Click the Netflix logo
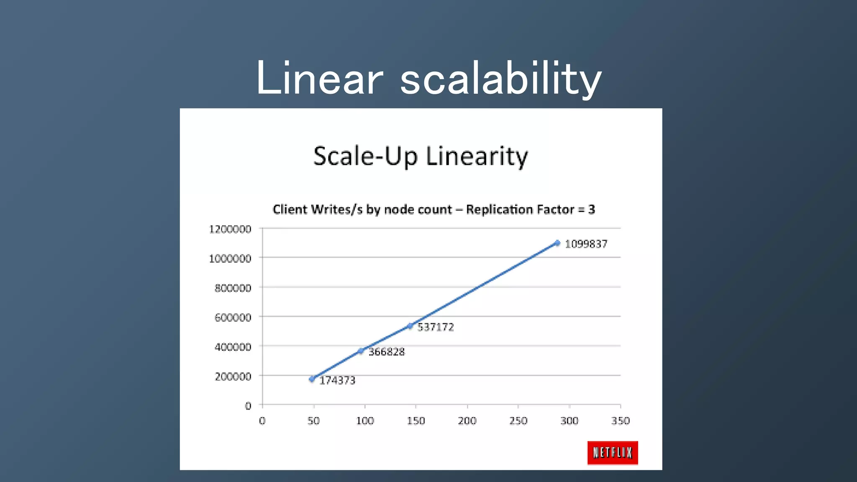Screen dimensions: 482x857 pos(612,452)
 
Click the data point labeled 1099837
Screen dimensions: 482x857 pos(557,243)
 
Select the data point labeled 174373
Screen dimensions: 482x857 pos(312,379)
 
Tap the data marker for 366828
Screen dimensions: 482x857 pos(361,351)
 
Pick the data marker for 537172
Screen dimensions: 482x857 pos(410,326)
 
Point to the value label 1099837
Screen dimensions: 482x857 pos(586,244)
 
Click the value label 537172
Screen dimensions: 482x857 pos(436,327)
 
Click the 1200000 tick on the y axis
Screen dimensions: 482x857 pos(230,229)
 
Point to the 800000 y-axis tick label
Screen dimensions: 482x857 pos(233,288)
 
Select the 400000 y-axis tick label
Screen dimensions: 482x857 pos(233,347)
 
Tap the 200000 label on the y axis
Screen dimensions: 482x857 pos(233,377)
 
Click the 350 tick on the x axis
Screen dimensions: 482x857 pos(620,421)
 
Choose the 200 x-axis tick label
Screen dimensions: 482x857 pos(467,421)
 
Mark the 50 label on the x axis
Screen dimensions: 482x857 pos(313,421)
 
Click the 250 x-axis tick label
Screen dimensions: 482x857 pos(518,421)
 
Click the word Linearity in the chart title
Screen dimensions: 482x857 pos(477,156)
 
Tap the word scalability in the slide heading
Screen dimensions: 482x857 pos(501,79)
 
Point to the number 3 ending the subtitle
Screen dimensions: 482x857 pos(591,209)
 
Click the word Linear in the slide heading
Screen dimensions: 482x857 pos(319,79)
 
